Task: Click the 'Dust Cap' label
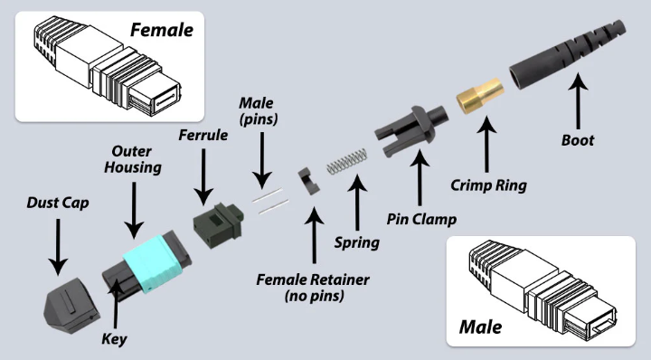click(58, 203)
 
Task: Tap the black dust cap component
click(71, 305)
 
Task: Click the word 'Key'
click(114, 339)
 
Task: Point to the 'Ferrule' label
click(203, 135)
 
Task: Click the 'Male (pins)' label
click(259, 111)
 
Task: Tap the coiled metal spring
click(347, 161)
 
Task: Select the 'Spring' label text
click(357, 242)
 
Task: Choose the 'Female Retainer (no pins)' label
click(313, 288)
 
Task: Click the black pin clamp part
click(411, 129)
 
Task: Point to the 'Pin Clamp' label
click(422, 219)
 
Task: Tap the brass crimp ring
click(480, 96)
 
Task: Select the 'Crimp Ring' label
click(488, 185)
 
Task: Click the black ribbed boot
click(567, 54)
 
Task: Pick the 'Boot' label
click(578, 140)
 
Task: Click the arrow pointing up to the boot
click(578, 101)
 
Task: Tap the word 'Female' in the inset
click(162, 30)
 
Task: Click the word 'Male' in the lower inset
click(480, 327)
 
